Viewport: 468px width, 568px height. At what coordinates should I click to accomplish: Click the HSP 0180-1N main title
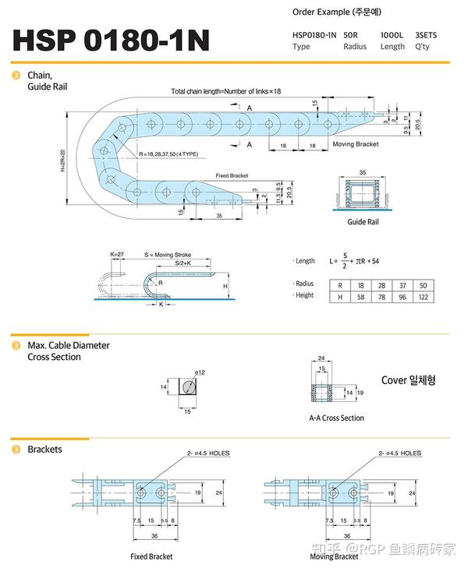pos(111,41)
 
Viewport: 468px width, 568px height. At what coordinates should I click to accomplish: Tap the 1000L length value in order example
pos(392,35)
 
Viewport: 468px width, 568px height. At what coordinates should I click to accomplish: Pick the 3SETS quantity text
pos(427,35)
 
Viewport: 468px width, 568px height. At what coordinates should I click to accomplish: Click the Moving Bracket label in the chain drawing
pos(355,144)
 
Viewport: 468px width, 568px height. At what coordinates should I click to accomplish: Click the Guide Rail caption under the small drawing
pos(362,222)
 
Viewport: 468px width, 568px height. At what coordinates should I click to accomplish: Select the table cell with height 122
pos(423,297)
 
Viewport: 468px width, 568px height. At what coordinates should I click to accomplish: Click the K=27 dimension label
pos(117,255)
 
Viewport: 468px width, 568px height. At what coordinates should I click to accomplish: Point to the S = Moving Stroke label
pos(168,255)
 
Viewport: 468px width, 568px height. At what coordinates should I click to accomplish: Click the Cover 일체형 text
pos(408,380)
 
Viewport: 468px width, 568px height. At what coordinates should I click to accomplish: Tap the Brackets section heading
pos(44,450)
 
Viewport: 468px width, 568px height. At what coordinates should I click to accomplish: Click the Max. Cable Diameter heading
pos(69,344)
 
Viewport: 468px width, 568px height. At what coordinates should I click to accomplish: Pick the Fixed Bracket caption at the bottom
pos(151,556)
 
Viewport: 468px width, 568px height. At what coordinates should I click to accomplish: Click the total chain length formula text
pos(225,91)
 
